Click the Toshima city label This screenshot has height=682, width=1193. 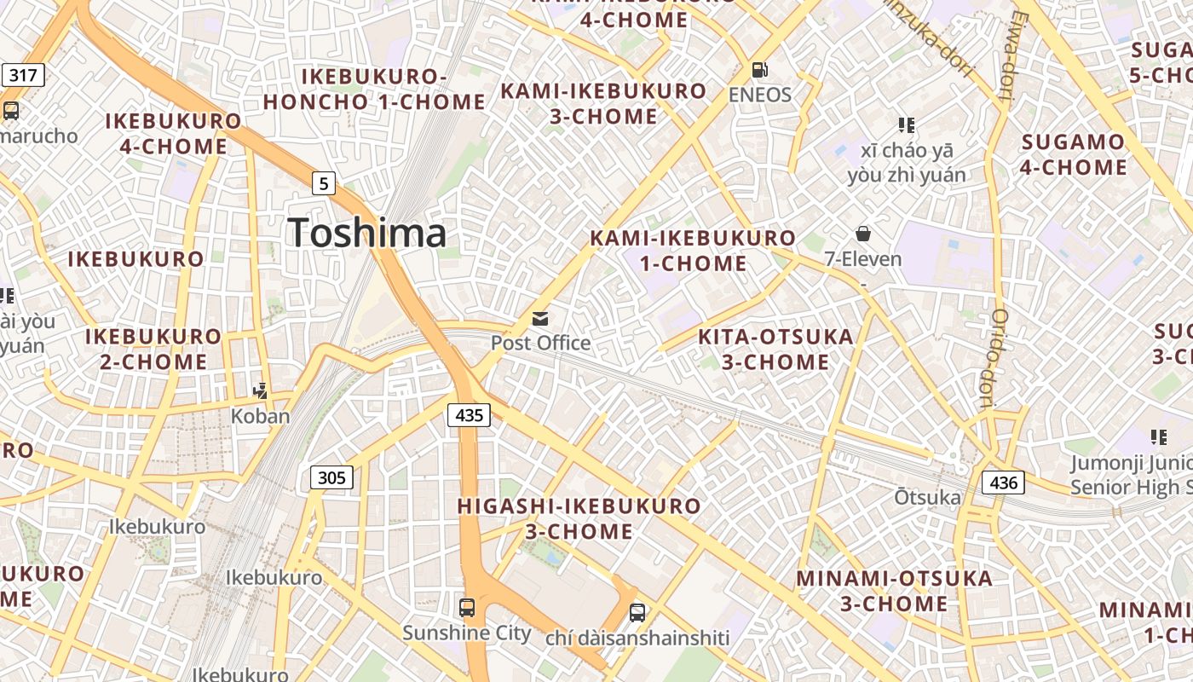tap(366, 233)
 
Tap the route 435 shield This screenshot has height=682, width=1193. tap(469, 415)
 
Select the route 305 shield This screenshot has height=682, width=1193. tap(331, 477)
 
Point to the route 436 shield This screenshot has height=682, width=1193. tap(1003, 483)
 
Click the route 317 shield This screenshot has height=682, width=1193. tap(22, 75)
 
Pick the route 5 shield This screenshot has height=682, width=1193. tap(323, 182)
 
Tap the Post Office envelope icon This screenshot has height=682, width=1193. tap(540, 319)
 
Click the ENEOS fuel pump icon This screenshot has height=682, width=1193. tap(759, 70)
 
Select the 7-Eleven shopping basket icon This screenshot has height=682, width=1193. tap(863, 234)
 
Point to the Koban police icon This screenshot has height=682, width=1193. tap(261, 391)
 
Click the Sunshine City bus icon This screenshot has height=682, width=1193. tap(467, 608)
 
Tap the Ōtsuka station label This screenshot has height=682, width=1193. tap(927, 497)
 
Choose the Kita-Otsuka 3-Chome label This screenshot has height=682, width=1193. tap(775, 350)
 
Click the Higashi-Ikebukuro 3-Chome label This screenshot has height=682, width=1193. tap(579, 518)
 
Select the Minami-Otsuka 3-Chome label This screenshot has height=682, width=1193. tap(894, 591)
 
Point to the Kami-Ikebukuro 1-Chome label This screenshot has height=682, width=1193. tap(693, 251)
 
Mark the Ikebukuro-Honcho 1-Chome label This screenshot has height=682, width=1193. tap(374, 90)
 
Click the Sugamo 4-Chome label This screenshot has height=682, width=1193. tap(1073, 154)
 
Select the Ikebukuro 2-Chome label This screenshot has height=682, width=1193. tap(153, 349)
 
